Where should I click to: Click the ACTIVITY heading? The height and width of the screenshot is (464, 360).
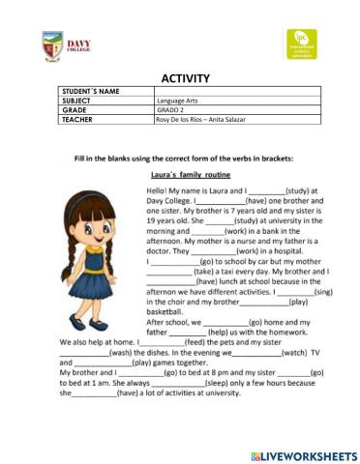(179, 78)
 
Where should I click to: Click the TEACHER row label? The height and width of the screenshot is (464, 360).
(76, 118)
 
